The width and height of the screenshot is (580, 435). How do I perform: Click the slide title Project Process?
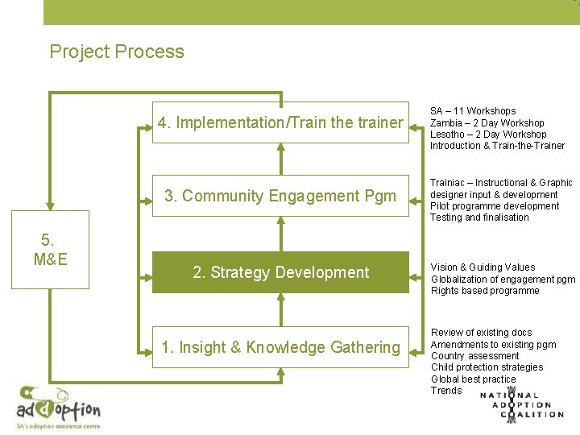[117, 52]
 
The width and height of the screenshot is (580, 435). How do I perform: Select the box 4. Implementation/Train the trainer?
[280, 122]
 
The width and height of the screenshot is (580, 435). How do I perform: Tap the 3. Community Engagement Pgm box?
[280, 196]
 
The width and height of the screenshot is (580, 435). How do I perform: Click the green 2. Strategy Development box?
[280, 272]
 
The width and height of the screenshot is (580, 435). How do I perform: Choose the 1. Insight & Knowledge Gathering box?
[280, 347]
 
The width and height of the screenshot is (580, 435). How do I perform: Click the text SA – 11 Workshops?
[473, 111]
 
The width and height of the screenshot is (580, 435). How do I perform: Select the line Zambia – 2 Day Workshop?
[487, 122]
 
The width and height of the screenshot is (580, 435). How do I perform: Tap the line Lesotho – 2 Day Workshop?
[488, 135]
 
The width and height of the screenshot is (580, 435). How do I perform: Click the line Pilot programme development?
[494, 206]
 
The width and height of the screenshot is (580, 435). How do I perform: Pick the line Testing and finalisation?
[479, 217]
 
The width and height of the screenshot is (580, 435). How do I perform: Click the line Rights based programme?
[485, 291]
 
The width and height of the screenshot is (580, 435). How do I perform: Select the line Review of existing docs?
[481, 333]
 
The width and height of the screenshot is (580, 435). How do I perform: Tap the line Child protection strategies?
[487, 367]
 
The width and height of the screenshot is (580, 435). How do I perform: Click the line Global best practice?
[473, 379]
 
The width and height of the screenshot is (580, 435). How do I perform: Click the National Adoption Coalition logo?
[521, 404]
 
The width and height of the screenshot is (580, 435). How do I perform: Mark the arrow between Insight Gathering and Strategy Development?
[281, 309]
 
